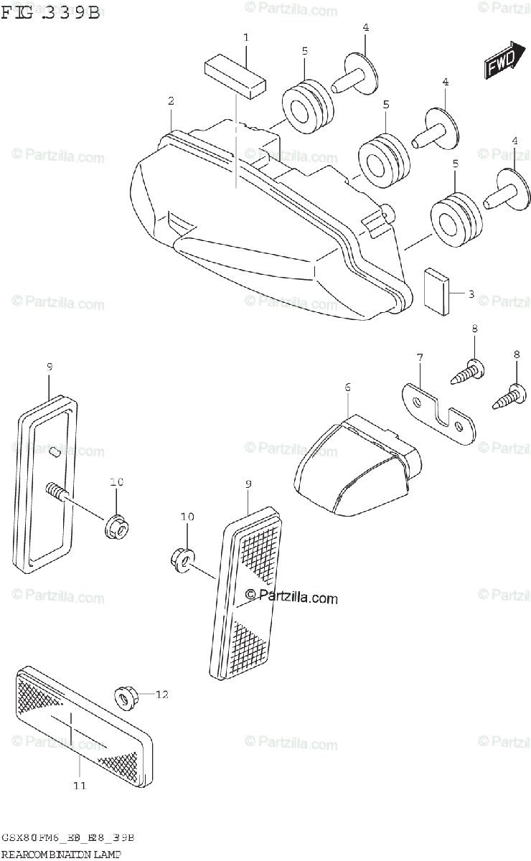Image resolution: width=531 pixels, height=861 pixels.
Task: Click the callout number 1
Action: [x=245, y=37]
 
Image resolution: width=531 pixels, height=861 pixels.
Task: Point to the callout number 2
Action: [x=171, y=101]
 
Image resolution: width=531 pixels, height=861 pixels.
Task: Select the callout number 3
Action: [x=471, y=293]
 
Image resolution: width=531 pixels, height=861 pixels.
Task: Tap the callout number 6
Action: [x=347, y=387]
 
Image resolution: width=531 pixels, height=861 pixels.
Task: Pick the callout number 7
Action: [x=420, y=357]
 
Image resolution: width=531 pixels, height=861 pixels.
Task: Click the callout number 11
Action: [x=79, y=786]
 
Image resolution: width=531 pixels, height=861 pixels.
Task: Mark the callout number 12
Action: [x=161, y=694]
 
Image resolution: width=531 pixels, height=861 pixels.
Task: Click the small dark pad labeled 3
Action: [x=436, y=291]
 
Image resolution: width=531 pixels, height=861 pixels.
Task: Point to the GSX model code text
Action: [x=68, y=838]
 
